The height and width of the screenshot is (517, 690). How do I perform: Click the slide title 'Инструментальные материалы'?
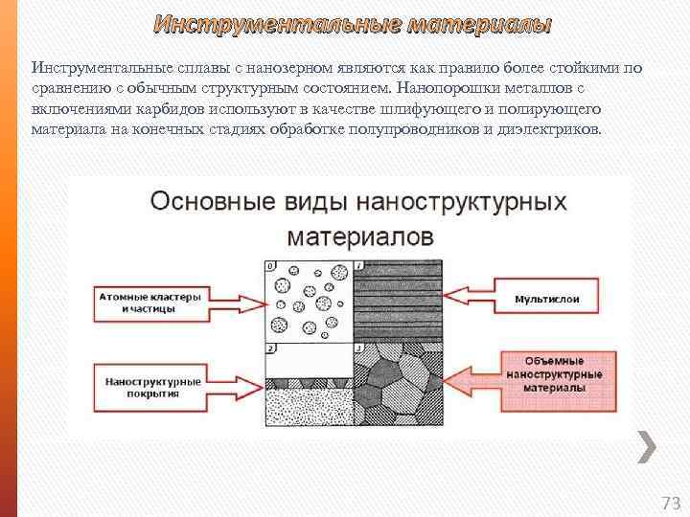pos(353,23)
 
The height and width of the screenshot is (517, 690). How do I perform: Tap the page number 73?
pos(670,503)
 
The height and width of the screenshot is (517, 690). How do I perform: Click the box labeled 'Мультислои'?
pos(547,300)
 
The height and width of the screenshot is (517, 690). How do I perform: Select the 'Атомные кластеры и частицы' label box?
pos(150,303)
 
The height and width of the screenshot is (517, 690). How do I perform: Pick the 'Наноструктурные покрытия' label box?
pos(151,387)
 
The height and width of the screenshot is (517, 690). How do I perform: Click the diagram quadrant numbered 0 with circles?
pos(309,300)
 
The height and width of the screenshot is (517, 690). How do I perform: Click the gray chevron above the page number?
pos(647,447)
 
